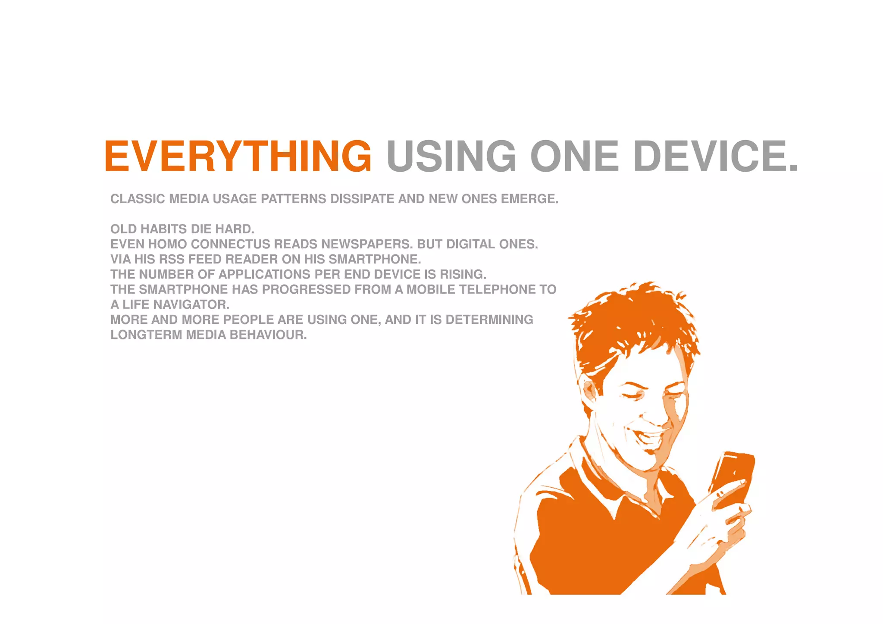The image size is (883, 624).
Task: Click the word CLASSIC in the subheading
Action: click(x=138, y=199)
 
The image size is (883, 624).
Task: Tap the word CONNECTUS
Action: click(x=230, y=244)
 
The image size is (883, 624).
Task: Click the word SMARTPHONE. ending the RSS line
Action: click(x=375, y=259)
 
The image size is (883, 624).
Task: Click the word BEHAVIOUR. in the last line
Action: click(x=268, y=335)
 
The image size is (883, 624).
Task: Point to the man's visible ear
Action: click(x=590, y=390)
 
